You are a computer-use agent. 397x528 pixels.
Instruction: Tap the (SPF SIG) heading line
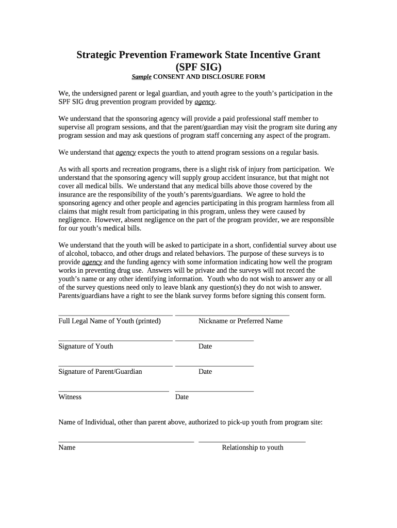(198, 67)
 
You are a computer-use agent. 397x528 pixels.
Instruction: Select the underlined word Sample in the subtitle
(141, 77)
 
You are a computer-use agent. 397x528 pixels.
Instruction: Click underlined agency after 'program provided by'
(204, 102)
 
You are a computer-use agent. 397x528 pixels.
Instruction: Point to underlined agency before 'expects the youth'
(125, 153)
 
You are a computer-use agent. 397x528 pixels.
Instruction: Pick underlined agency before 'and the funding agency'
(92, 262)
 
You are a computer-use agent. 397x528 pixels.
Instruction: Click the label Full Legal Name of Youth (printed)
(109, 321)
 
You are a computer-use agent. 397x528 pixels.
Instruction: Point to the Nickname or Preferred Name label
(240, 321)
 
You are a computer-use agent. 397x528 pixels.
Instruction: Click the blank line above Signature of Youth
(115, 340)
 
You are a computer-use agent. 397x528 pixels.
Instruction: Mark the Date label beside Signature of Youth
(205, 346)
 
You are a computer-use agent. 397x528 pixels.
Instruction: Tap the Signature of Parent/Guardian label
(100, 372)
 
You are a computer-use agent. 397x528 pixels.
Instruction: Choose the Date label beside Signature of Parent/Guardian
(205, 372)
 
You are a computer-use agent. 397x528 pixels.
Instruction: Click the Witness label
(70, 397)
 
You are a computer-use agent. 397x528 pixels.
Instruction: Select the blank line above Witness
(113, 391)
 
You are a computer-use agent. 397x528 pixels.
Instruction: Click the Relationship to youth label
(253, 448)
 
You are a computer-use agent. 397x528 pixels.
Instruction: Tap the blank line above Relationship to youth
(252, 442)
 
